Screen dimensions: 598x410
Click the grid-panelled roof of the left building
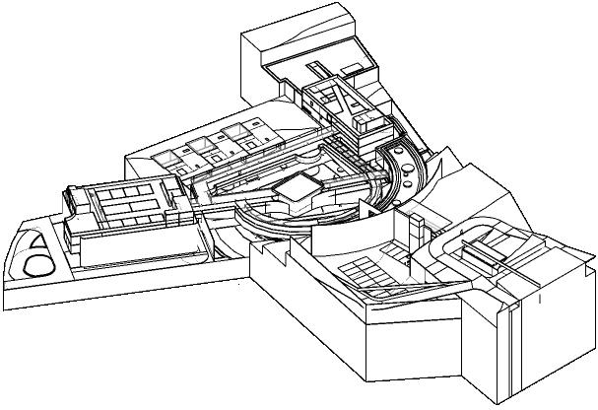(128, 202)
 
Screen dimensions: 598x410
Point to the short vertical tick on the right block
(540, 297)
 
